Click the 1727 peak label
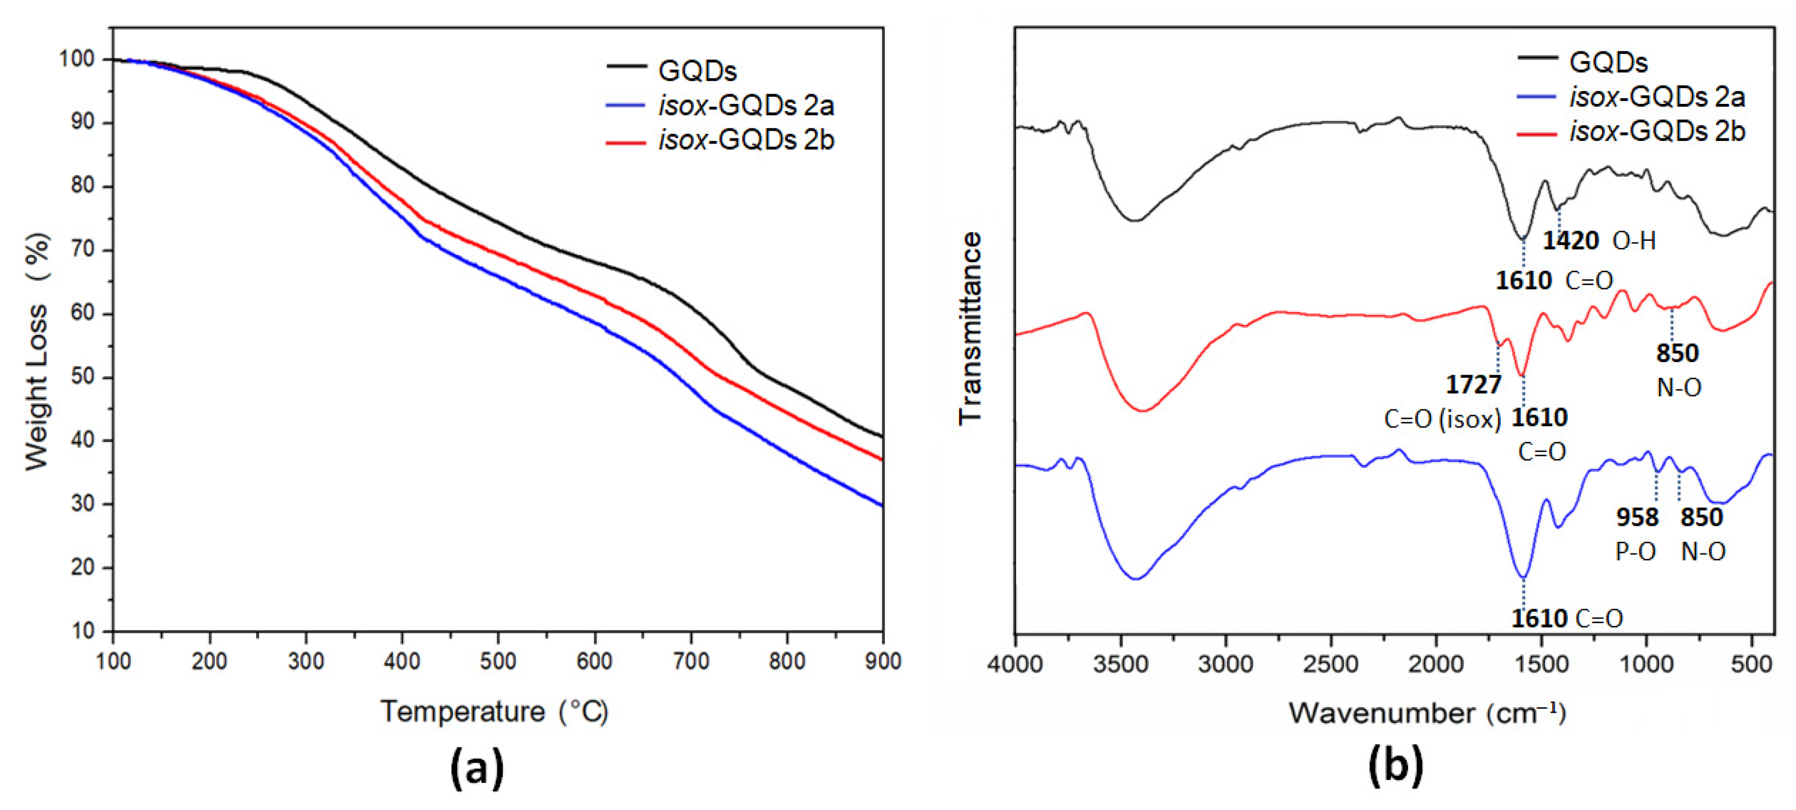tap(1473, 384)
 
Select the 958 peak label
tap(1637, 517)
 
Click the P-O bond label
tap(1636, 551)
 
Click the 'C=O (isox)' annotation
tap(1442, 419)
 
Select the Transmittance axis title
tap(970, 328)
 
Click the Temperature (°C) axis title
tap(494, 712)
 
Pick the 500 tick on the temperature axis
tap(498, 661)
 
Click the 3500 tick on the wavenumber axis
tap(1120, 663)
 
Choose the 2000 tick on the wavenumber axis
tap(1436, 663)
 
